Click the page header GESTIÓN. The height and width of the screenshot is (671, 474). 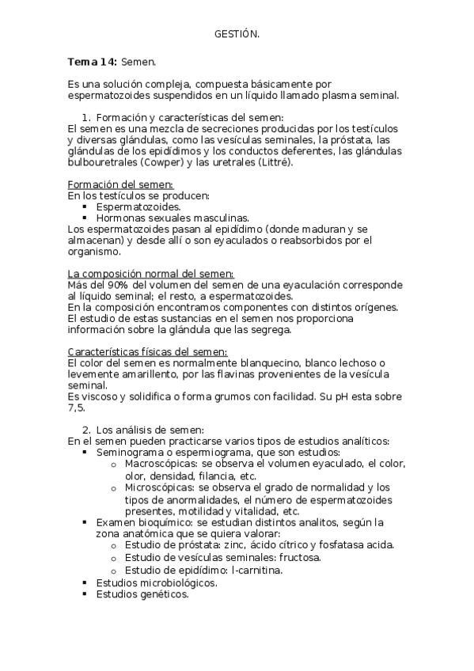(x=237, y=33)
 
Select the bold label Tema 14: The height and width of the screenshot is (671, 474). (x=93, y=61)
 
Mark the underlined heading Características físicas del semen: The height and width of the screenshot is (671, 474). (x=147, y=351)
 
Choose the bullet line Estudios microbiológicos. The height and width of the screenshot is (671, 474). (x=157, y=582)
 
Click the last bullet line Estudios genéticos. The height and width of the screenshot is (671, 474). (x=142, y=594)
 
